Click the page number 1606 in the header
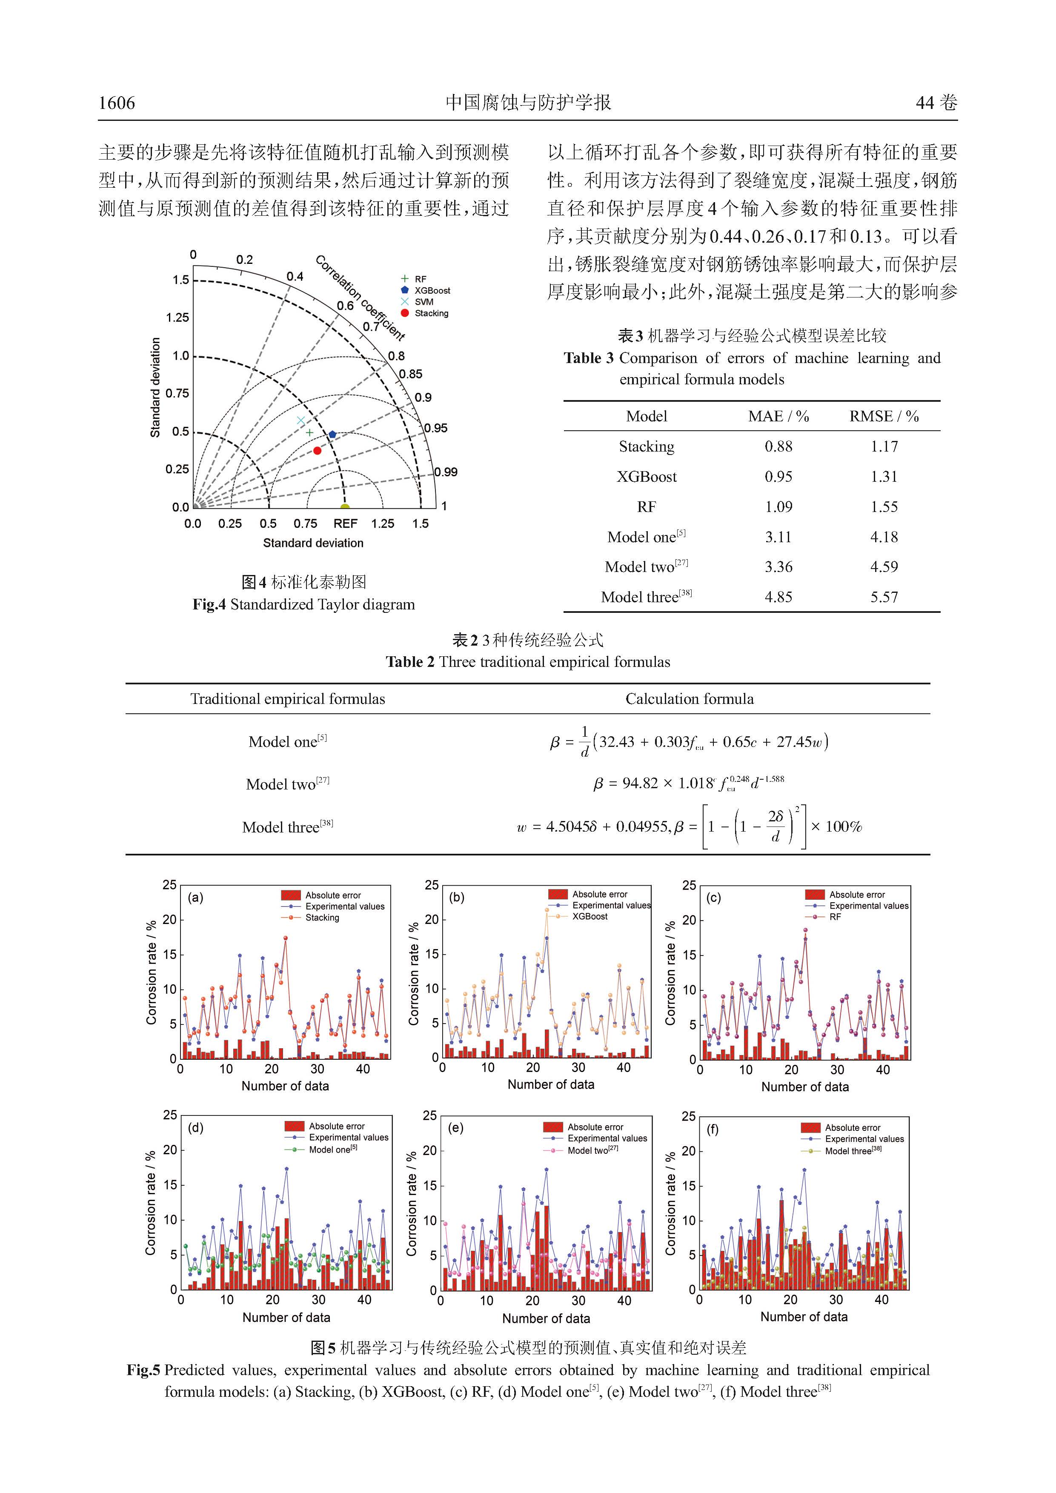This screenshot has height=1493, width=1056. (x=117, y=103)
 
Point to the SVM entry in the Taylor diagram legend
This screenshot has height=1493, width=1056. (x=424, y=302)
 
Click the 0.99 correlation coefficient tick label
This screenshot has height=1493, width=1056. (x=446, y=472)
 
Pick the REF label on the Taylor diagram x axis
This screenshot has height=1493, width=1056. (x=345, y=523)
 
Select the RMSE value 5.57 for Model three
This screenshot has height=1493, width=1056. (x=884, y=597)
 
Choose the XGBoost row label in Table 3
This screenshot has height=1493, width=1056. (x=647, y=477)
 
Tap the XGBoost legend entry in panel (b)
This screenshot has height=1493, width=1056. (x=590, y=916)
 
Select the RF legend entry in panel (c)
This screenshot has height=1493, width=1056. (x=835, y=917)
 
